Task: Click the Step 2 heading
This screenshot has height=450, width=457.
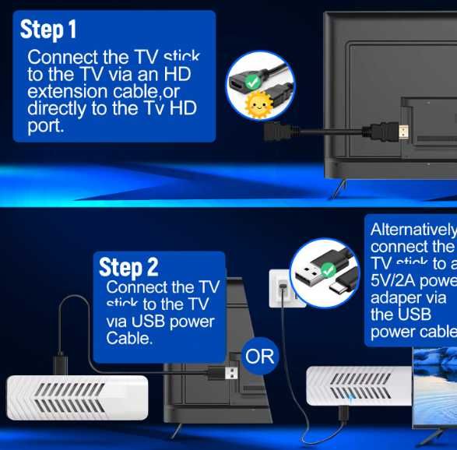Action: tap(128, 267)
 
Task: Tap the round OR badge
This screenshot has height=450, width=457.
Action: tap(260, 357)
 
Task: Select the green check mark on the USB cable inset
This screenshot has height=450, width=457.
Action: tap(329, 269)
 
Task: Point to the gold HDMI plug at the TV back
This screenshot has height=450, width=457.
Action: tap(403, 131)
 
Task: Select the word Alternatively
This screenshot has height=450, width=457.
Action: tap(413, 230)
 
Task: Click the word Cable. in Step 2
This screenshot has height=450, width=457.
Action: tap(129, 339)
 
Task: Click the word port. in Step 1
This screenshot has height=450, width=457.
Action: tap(46, 125)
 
